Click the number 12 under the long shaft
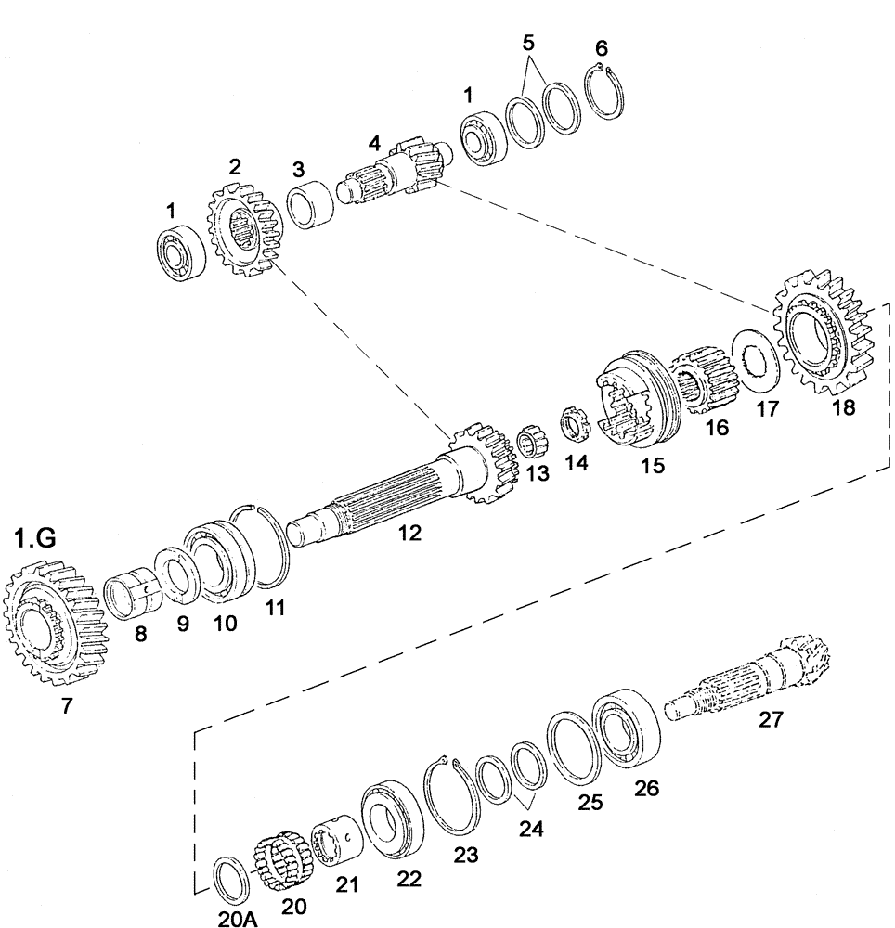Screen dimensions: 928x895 pyautogui.click(x=409, y=534)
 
